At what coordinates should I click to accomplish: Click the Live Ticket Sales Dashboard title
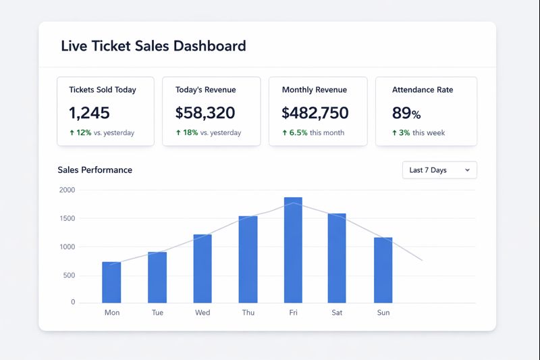pos(153,46)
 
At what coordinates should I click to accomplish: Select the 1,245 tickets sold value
pos(89,113)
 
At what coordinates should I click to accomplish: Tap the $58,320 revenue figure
pos(205,113)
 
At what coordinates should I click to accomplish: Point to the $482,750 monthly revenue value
pos(315,113)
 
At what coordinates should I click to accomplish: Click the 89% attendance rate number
pos(406,113)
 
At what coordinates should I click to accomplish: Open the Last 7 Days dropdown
pos(439,170)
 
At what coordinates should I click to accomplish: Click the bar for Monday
pos(111,282)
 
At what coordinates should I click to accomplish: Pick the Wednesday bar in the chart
pos(202,268)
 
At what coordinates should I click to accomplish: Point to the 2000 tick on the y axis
pos(67,190)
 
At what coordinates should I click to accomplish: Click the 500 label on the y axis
pos(68,276)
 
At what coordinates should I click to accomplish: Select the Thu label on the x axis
pos(248,313)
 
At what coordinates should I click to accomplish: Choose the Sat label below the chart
pos(337,313)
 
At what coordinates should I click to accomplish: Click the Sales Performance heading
pos(94,170)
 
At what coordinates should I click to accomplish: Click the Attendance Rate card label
pos(423,90)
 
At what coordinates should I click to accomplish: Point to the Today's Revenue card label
pos(205,90)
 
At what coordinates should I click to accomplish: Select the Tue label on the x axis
pos(157,313)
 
